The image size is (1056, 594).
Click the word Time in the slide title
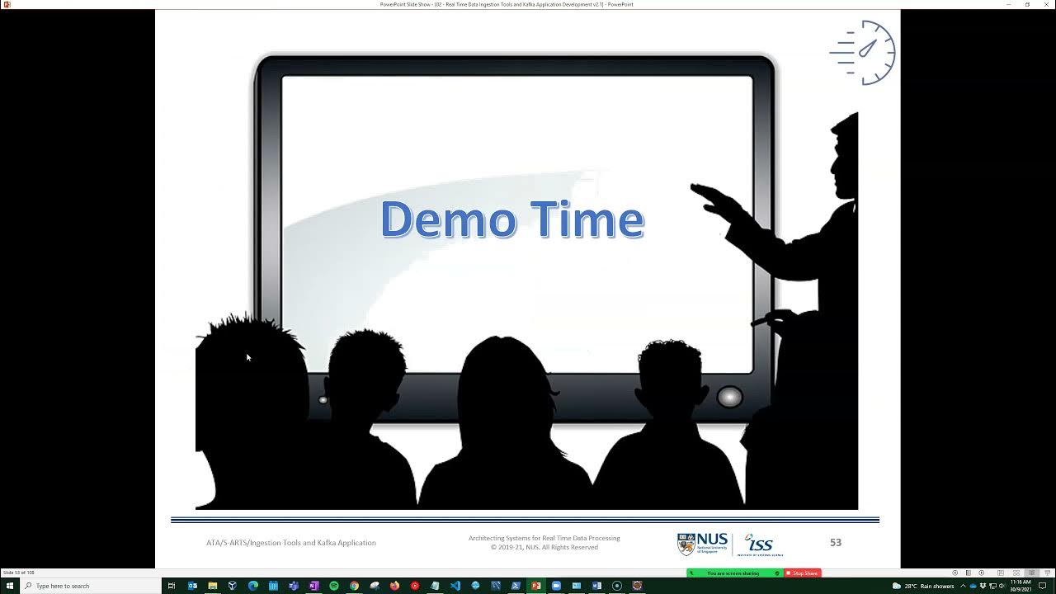587,219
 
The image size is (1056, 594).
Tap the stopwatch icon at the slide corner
864,52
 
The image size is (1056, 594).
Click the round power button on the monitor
729,397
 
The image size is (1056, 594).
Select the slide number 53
836,542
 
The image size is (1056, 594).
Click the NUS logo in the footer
703,544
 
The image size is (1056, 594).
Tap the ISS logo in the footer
759,544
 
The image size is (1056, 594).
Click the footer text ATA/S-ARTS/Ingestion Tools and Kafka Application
291,543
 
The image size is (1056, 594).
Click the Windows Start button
10,586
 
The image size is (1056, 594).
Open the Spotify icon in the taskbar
334,586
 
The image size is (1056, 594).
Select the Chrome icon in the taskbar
354,586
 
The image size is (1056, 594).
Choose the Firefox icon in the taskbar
394,586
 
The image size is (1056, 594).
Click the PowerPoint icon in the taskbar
536,586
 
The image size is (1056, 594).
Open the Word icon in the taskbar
596,586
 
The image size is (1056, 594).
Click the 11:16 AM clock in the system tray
1021,585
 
